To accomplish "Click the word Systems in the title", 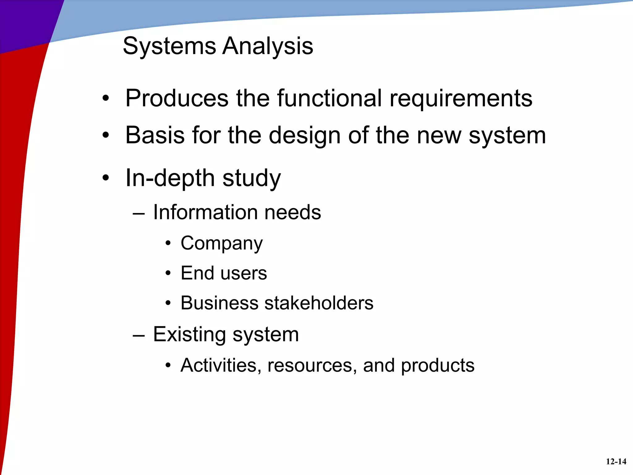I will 169,46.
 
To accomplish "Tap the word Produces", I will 177,98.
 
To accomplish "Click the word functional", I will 329,98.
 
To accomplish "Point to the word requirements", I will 461,98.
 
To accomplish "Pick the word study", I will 252,178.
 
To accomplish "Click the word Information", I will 205,212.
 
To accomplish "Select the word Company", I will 222,243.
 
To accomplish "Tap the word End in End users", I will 197,273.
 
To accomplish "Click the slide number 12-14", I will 616,462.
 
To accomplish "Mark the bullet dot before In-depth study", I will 106,178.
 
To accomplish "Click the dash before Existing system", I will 138,336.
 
